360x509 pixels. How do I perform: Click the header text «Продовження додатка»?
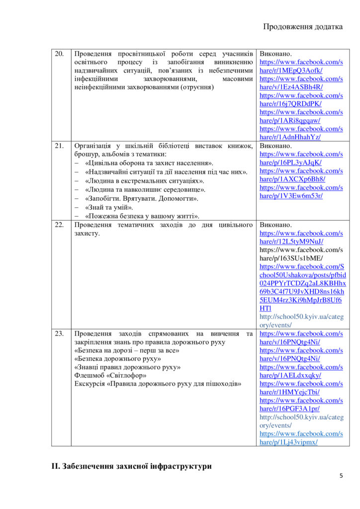pos(303,27)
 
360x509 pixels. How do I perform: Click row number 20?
pos(59,54)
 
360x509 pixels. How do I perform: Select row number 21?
pos(59,146)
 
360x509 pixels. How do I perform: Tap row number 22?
pos(59,225)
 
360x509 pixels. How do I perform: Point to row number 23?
pos(59,334)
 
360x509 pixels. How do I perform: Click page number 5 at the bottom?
pos(341,476)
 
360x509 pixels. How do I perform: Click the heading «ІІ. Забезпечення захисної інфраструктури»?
pos(131,466)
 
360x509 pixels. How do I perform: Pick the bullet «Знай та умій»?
pos(109,207)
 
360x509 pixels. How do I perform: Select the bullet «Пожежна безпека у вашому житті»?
pos(142,216)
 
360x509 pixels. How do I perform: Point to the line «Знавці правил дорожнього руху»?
pos(127,367)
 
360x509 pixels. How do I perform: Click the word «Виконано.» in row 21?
pos(276,146)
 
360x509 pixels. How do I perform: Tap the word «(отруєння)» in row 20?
pos(197,87)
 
